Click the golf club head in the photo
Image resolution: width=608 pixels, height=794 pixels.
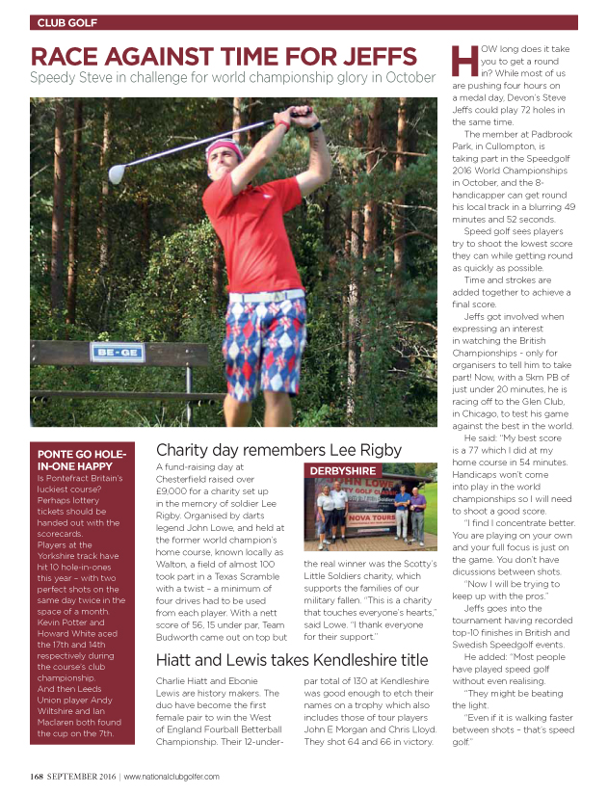tap(116, 174)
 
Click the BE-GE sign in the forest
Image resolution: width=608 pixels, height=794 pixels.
tap(105, 354)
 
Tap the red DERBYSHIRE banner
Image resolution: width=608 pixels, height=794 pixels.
tap(342, 469)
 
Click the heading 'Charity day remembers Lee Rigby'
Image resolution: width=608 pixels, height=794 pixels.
tap(278, 449)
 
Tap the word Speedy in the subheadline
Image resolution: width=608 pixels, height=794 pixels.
tap(58, 77)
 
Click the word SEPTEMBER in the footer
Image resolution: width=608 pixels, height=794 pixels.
tap(80, 775)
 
